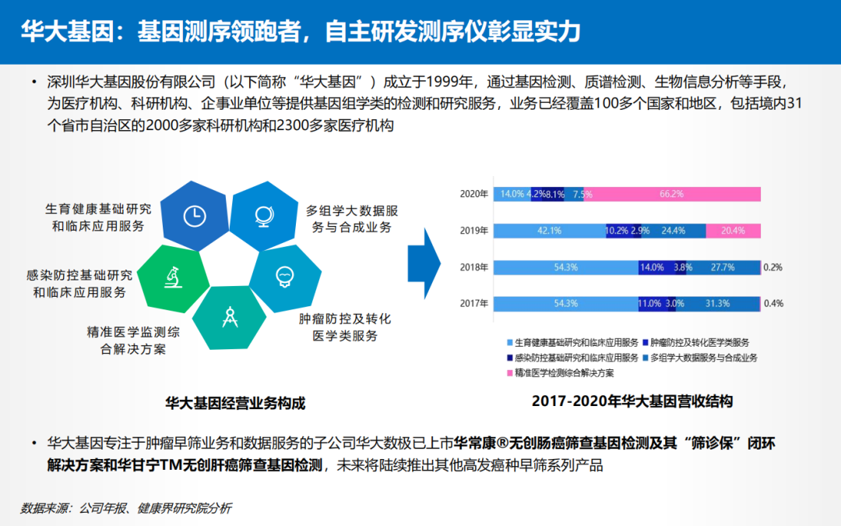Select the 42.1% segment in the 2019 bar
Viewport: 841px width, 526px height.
(x=550, y=231)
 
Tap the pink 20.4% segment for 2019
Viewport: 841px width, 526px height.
(x=734, y=231)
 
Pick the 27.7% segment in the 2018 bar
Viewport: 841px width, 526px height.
(x=723, y=267)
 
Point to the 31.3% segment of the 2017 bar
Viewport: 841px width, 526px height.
(x=718, y=304)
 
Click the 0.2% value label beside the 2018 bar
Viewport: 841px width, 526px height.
(x=773, y=267)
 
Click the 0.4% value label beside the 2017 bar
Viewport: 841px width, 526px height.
(x=773, y=304)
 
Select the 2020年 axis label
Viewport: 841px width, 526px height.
(x=474, y=194)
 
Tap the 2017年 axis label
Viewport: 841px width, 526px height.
(x=474, y=304)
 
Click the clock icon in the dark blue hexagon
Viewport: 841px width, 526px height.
(x=195, y=216)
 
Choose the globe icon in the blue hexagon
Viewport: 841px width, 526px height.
(x=264, y=216)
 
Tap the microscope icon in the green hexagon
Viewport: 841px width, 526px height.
(x=173, y=277)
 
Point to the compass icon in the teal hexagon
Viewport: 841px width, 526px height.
(x=230, y=316)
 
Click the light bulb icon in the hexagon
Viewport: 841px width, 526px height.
(x=285, y=277)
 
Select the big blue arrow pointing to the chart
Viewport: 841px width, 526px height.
(x=424, y=263)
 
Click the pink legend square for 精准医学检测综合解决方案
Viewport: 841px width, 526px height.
(x=509, y=373)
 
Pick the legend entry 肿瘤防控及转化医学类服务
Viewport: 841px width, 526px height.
(x=695, y=342)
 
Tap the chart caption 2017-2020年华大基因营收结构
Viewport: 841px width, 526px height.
(x=632, y=401)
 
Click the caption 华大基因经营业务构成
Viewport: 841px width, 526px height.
(x=235, y=403)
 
